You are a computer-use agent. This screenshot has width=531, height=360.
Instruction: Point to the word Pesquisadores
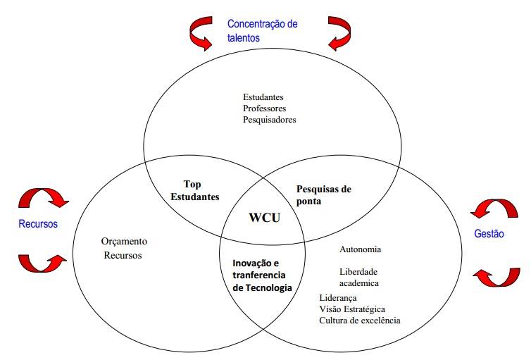pyautogui.click(x=270, y=119)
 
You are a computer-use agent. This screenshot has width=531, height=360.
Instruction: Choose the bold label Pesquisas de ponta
pyautogui.click(x=323, y=195)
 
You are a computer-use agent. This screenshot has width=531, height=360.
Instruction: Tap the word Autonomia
pyautogui.click(x=361, y=249)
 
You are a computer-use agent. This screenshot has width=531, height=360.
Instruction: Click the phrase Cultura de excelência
pyautogui.click(x=360, y=321)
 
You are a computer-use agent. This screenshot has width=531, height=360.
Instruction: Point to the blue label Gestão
pyautogui.click(x=489, y=234)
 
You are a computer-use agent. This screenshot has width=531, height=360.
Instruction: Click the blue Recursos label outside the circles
pyautogui.click(x=37, y=224)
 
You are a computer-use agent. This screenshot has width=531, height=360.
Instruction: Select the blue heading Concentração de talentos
pyautogui.click(x=262, y=31)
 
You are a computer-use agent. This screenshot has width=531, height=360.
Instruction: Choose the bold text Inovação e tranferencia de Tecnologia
pyautogui.click(x=262, y=275)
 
